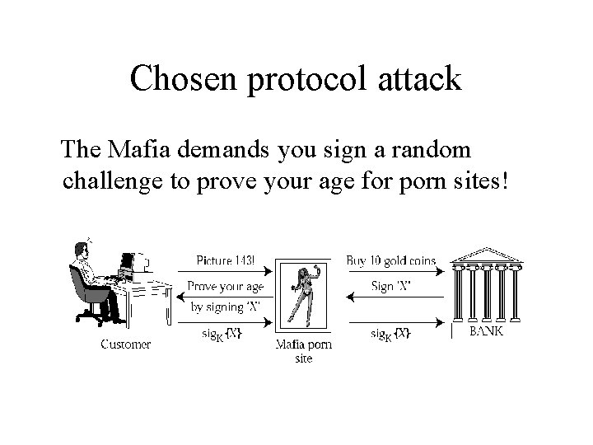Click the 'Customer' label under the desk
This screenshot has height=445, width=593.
(126, 344)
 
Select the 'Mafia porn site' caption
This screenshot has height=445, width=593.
(304, 351)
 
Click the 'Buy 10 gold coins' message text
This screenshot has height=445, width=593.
(390, 260)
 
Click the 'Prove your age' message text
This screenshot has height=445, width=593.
(225, 286)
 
